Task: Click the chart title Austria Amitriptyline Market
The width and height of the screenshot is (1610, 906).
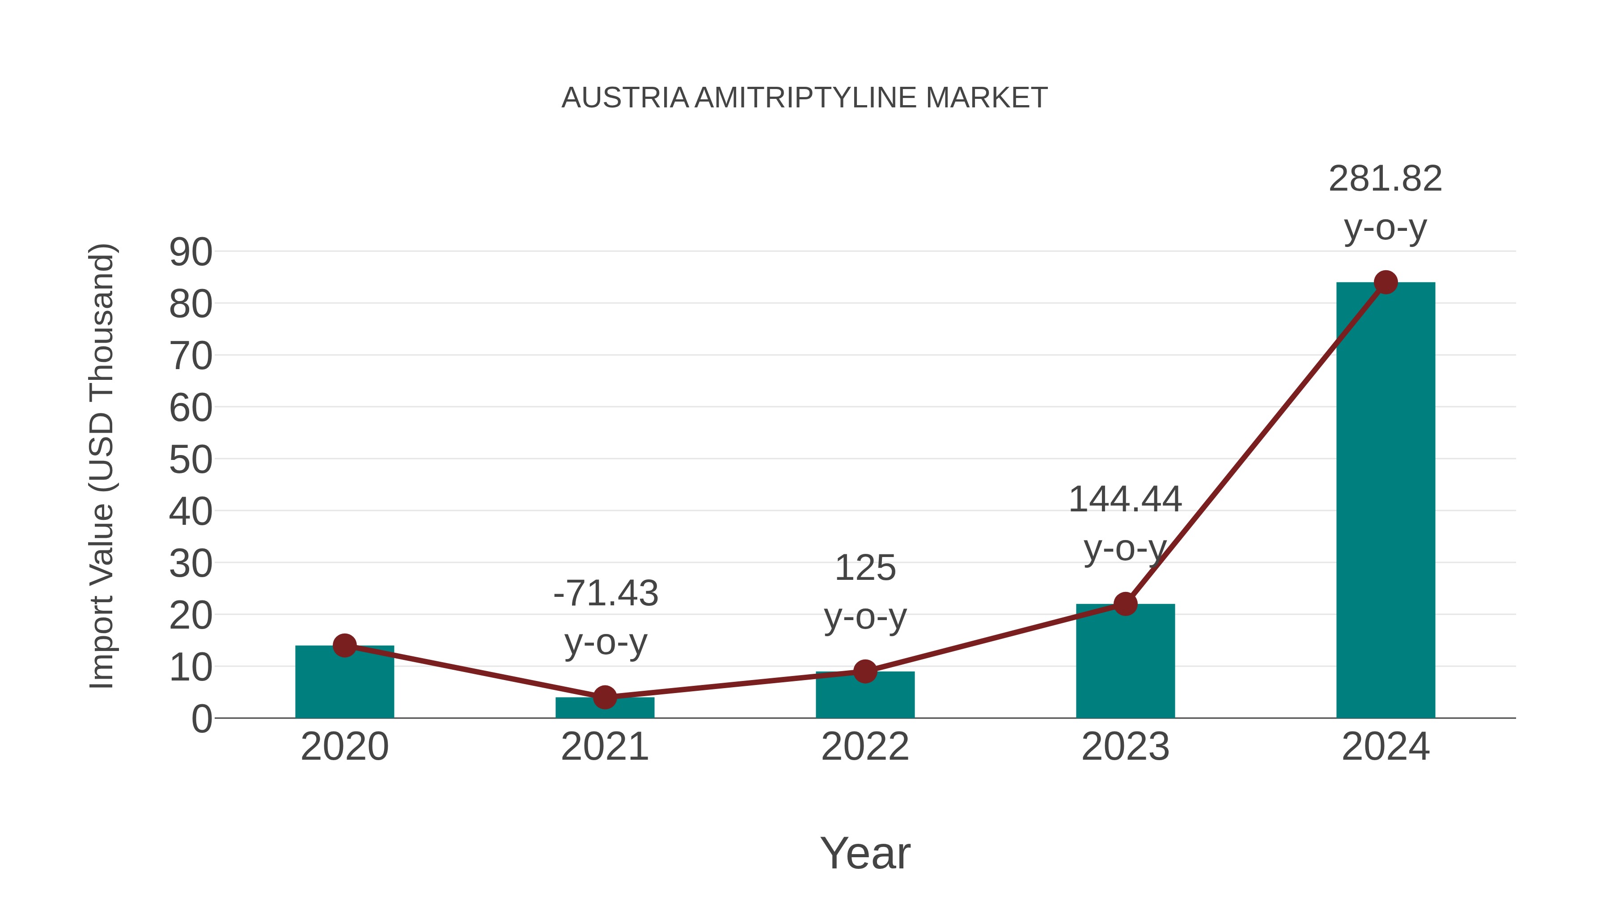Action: pyautogui.click(x=805, y=98)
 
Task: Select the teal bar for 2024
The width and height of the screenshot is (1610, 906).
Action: pyautogui.click(x=1385, y=500)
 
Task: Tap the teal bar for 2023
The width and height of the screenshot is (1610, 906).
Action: pyautogui.click(x=1125, y=663)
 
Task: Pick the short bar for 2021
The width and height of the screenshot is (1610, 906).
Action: pyautogui.click(x=604, y=708)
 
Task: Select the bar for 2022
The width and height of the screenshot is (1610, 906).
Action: pyautogui.click(x=865, y=696)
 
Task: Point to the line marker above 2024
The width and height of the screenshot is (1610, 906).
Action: pyautogui.click(x=1385, y=283)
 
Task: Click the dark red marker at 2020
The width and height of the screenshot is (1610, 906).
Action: pyautogui.click(x=344, y=645)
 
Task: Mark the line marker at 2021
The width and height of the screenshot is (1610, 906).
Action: pyautogui.click(x=604, y=697)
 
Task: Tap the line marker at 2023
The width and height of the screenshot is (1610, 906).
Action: pyautogui.click(x=1125, y=604)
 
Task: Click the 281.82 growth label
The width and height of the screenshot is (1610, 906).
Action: pyautogui.click(x=1385, y=179)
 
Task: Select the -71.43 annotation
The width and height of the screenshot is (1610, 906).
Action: pyautogui.click(x=606, y=593)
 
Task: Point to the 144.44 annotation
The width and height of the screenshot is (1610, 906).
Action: pyautogui.click(x=1125, y=500)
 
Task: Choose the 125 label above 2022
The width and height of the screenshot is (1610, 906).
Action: pyautogui.click(x=865, y=568)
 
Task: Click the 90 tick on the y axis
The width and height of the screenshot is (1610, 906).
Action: pyautogui.click(x=191, y=253)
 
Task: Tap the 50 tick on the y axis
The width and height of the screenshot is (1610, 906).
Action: pyautogui.click(x=191, y=460)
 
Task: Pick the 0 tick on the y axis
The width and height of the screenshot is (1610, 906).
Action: pyautogui.click(x=201, y=719)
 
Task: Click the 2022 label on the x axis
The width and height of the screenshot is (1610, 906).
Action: pyautogui.click(x=865, y=747)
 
